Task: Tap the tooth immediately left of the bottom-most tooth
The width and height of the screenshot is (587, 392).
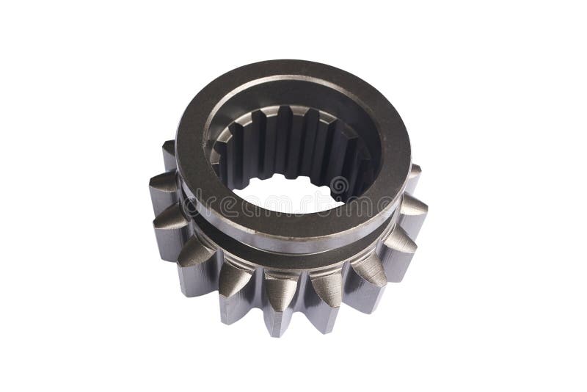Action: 236,291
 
